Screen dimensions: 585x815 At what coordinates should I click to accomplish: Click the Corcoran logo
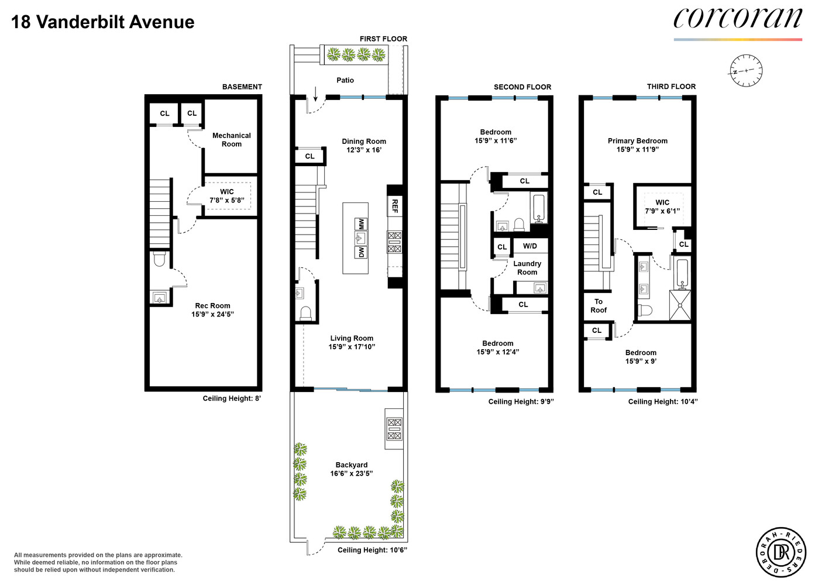click(x=737, y=19)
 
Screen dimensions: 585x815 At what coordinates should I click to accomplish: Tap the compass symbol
click(x=746, y=71)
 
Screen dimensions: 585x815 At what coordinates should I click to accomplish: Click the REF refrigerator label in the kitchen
click(x=395, y=205)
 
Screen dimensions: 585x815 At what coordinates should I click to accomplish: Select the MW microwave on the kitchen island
click(x=361, y=224)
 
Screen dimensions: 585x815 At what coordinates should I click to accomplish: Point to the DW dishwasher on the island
click(x=361, y=252)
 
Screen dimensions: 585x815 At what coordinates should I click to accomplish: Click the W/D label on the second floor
click(x=529, y=246)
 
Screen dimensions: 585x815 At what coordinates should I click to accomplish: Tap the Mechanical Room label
click(x=231, y=139)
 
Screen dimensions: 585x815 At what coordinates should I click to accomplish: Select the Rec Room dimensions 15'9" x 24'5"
click(x=212, y=314)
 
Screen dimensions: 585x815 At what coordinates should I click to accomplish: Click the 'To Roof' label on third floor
click(x=598, y=306)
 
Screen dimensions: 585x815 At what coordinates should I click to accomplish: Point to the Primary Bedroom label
click(x=637, y=141)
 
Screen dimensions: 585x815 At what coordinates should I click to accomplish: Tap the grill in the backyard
click(x=394, y=428)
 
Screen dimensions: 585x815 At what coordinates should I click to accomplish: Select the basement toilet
click(x=160, y=259)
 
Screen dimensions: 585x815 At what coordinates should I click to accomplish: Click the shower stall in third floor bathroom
click(x=680, y=305)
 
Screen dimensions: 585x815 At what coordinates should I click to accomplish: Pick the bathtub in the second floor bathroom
click(x=539, y=208)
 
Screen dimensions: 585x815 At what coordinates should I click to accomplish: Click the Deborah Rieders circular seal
click(x=781, y=552)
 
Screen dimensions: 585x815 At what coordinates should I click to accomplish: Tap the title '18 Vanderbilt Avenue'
click(x=103, y=22)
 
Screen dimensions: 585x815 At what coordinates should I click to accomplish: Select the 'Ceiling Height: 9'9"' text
click(x=521, y=401)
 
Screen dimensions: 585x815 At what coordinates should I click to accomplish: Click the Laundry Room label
click(x=527, y=268)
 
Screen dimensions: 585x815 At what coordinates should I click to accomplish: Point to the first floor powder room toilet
click(x=305, y=314)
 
